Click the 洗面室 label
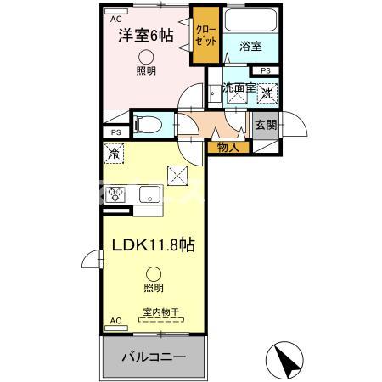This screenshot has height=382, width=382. coord(239,87)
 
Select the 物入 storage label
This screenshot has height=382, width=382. coord(228,147)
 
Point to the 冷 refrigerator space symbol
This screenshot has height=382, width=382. coord(113,154)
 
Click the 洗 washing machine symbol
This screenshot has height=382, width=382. coord(267,93)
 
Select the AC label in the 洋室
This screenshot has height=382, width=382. coord(115,17)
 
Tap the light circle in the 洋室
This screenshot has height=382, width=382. coord(146,55)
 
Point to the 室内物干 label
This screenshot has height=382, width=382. coord(154,312)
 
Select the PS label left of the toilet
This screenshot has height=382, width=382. coord(114,132)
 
